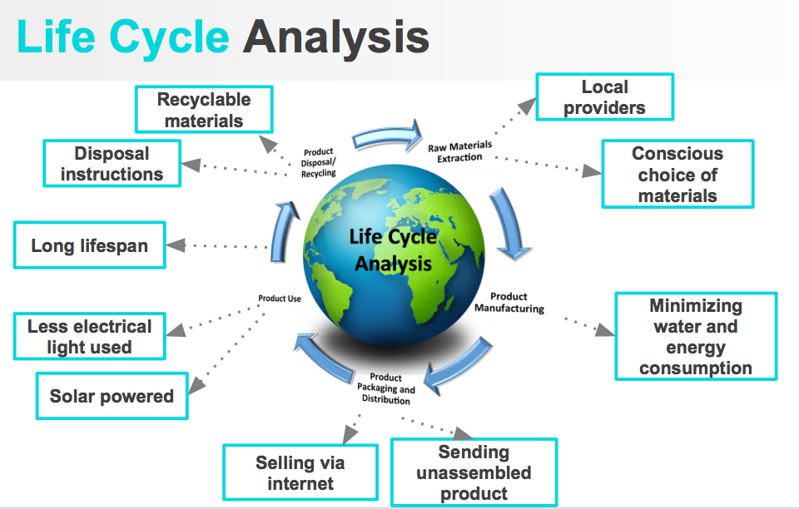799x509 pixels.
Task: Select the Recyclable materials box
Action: pyautogui.click(x=204, y=110)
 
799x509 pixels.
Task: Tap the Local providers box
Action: pyautogui.click(x=604, y=97)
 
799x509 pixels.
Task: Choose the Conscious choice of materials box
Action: pyautogui.click(x=677, y=174)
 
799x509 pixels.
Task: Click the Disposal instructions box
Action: pyautogui.click(x=112, y=164)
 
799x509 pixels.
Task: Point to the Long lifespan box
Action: pyautogui.click(x=90, y=245)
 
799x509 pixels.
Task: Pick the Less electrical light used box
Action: pyautogui.click(x=90, y=336)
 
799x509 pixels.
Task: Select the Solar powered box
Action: pyautogui.click(x=112, y=396)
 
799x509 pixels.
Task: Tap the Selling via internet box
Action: pyautogui.click(x=300, y=472)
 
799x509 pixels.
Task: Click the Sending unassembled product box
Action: pyautogui.click(x=474, y=472)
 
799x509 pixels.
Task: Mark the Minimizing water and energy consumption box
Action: pyautogui.click(x=696, y=337)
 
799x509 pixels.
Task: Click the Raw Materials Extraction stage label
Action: pyautogui.click(x=460, y=151)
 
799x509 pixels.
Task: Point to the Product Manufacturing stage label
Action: pyautogui.click(x=509, y=302)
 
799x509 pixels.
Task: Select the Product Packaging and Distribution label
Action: pyautogui.click(x=386, y=388)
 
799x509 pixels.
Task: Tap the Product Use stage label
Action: pyautogui.click(x=280, y=299)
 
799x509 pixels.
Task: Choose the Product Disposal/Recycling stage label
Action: pyautogui.click(x=318, y=162)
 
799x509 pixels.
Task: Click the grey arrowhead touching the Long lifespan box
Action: pyautogui.click(x=176, y=245)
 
